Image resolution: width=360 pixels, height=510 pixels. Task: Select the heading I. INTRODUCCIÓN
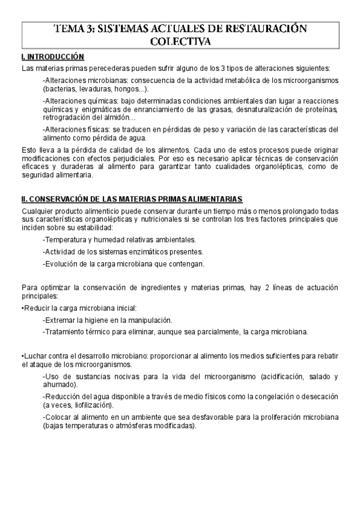click(52, 57)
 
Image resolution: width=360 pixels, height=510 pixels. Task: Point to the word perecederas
click(94, 69)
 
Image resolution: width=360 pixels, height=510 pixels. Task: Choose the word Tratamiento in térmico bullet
click(64, 331)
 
